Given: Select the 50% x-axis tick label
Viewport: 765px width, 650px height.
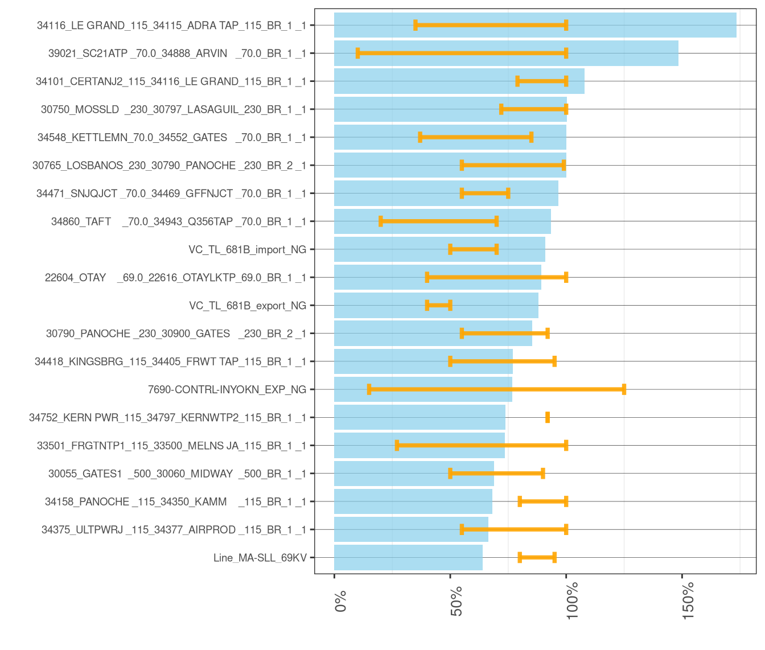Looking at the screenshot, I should [x=456, y=601].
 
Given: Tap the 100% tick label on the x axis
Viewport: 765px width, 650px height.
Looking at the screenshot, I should [x=573, y=600].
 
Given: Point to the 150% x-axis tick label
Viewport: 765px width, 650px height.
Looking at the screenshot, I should [x=689, y=600].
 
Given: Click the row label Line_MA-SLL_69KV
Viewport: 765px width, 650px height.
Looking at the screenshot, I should [x=260, y=558].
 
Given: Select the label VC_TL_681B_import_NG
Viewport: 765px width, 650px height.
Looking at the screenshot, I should [x=247, y=250].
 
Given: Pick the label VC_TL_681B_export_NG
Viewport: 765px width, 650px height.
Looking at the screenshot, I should [x=248, y=306].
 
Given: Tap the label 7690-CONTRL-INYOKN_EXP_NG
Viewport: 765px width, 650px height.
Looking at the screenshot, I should [x=227, y=390].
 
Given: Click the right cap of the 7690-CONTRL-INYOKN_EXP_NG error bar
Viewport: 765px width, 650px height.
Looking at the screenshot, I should [x=624, y=389].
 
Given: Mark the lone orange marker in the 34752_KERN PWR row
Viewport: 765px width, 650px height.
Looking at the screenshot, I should [x=548, y=417].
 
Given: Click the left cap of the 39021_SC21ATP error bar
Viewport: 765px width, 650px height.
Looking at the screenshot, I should [x=357, y=53].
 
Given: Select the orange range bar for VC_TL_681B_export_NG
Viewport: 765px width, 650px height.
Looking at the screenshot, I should [x=438, y=305].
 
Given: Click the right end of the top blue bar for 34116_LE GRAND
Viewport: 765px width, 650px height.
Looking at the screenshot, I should [x=735, y=25].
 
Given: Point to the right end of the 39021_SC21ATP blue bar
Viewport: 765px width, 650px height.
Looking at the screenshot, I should [x=677, y=53].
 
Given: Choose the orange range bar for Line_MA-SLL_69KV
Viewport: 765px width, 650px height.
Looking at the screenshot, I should [x=537, y=557].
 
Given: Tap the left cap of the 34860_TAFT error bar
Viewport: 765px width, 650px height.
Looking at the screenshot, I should [x=381, y=221].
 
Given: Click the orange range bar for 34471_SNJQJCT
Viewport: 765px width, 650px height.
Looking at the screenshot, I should [x=485, y=193].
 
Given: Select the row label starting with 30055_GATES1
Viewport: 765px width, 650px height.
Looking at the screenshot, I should [x=177, y=474].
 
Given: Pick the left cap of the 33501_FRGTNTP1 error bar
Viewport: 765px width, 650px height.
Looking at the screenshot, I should [x=397, y=445].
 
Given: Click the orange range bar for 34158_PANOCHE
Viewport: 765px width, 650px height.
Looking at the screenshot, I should [x=542, y=501].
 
